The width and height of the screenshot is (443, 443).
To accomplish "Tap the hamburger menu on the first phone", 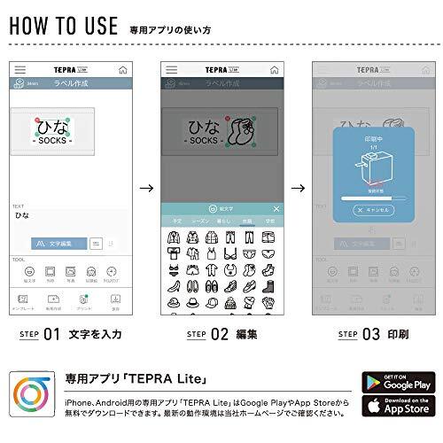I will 19,68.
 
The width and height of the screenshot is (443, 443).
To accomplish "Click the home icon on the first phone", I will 121,68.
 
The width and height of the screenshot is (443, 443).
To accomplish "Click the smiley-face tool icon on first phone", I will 29,270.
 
